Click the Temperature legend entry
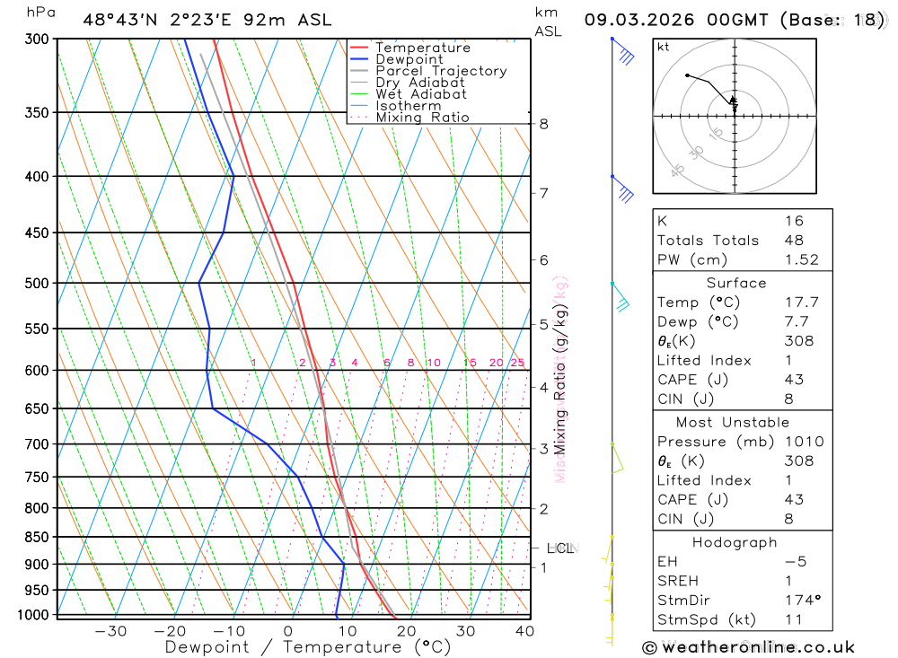[x=422, y=48]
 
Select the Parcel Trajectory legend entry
[x=441, y=71]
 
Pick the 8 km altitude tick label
[x=543, y=124]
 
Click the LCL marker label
[x=559, y=548]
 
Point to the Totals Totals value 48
[x=793, y=241]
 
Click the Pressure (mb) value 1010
[x=801, y=442]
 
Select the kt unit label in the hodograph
[x=663, y=47]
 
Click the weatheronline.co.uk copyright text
[x=748, y=647]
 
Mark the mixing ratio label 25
[x=517, y=363]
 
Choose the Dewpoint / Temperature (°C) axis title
[x=307, y=647]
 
